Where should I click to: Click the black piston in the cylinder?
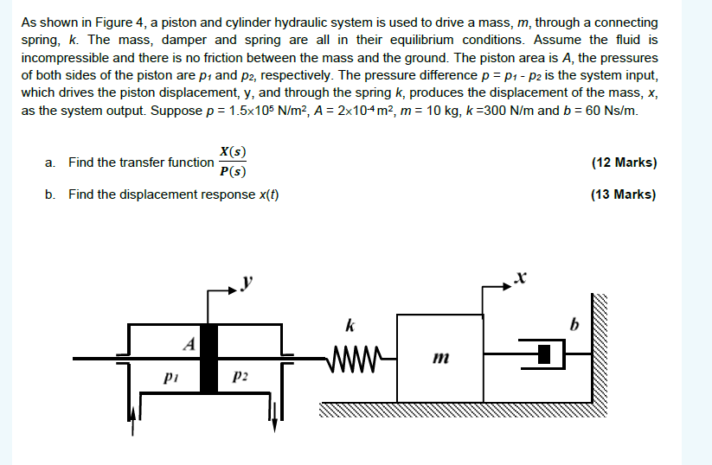[208, 359]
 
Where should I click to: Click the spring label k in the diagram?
[349, 327]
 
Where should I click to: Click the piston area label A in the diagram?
[187, 342]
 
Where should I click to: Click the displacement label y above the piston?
[250, 283]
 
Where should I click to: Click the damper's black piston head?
[544, 354]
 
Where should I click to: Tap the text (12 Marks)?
[623, 162]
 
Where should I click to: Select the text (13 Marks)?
[623, 194]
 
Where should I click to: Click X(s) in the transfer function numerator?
[232, 150]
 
